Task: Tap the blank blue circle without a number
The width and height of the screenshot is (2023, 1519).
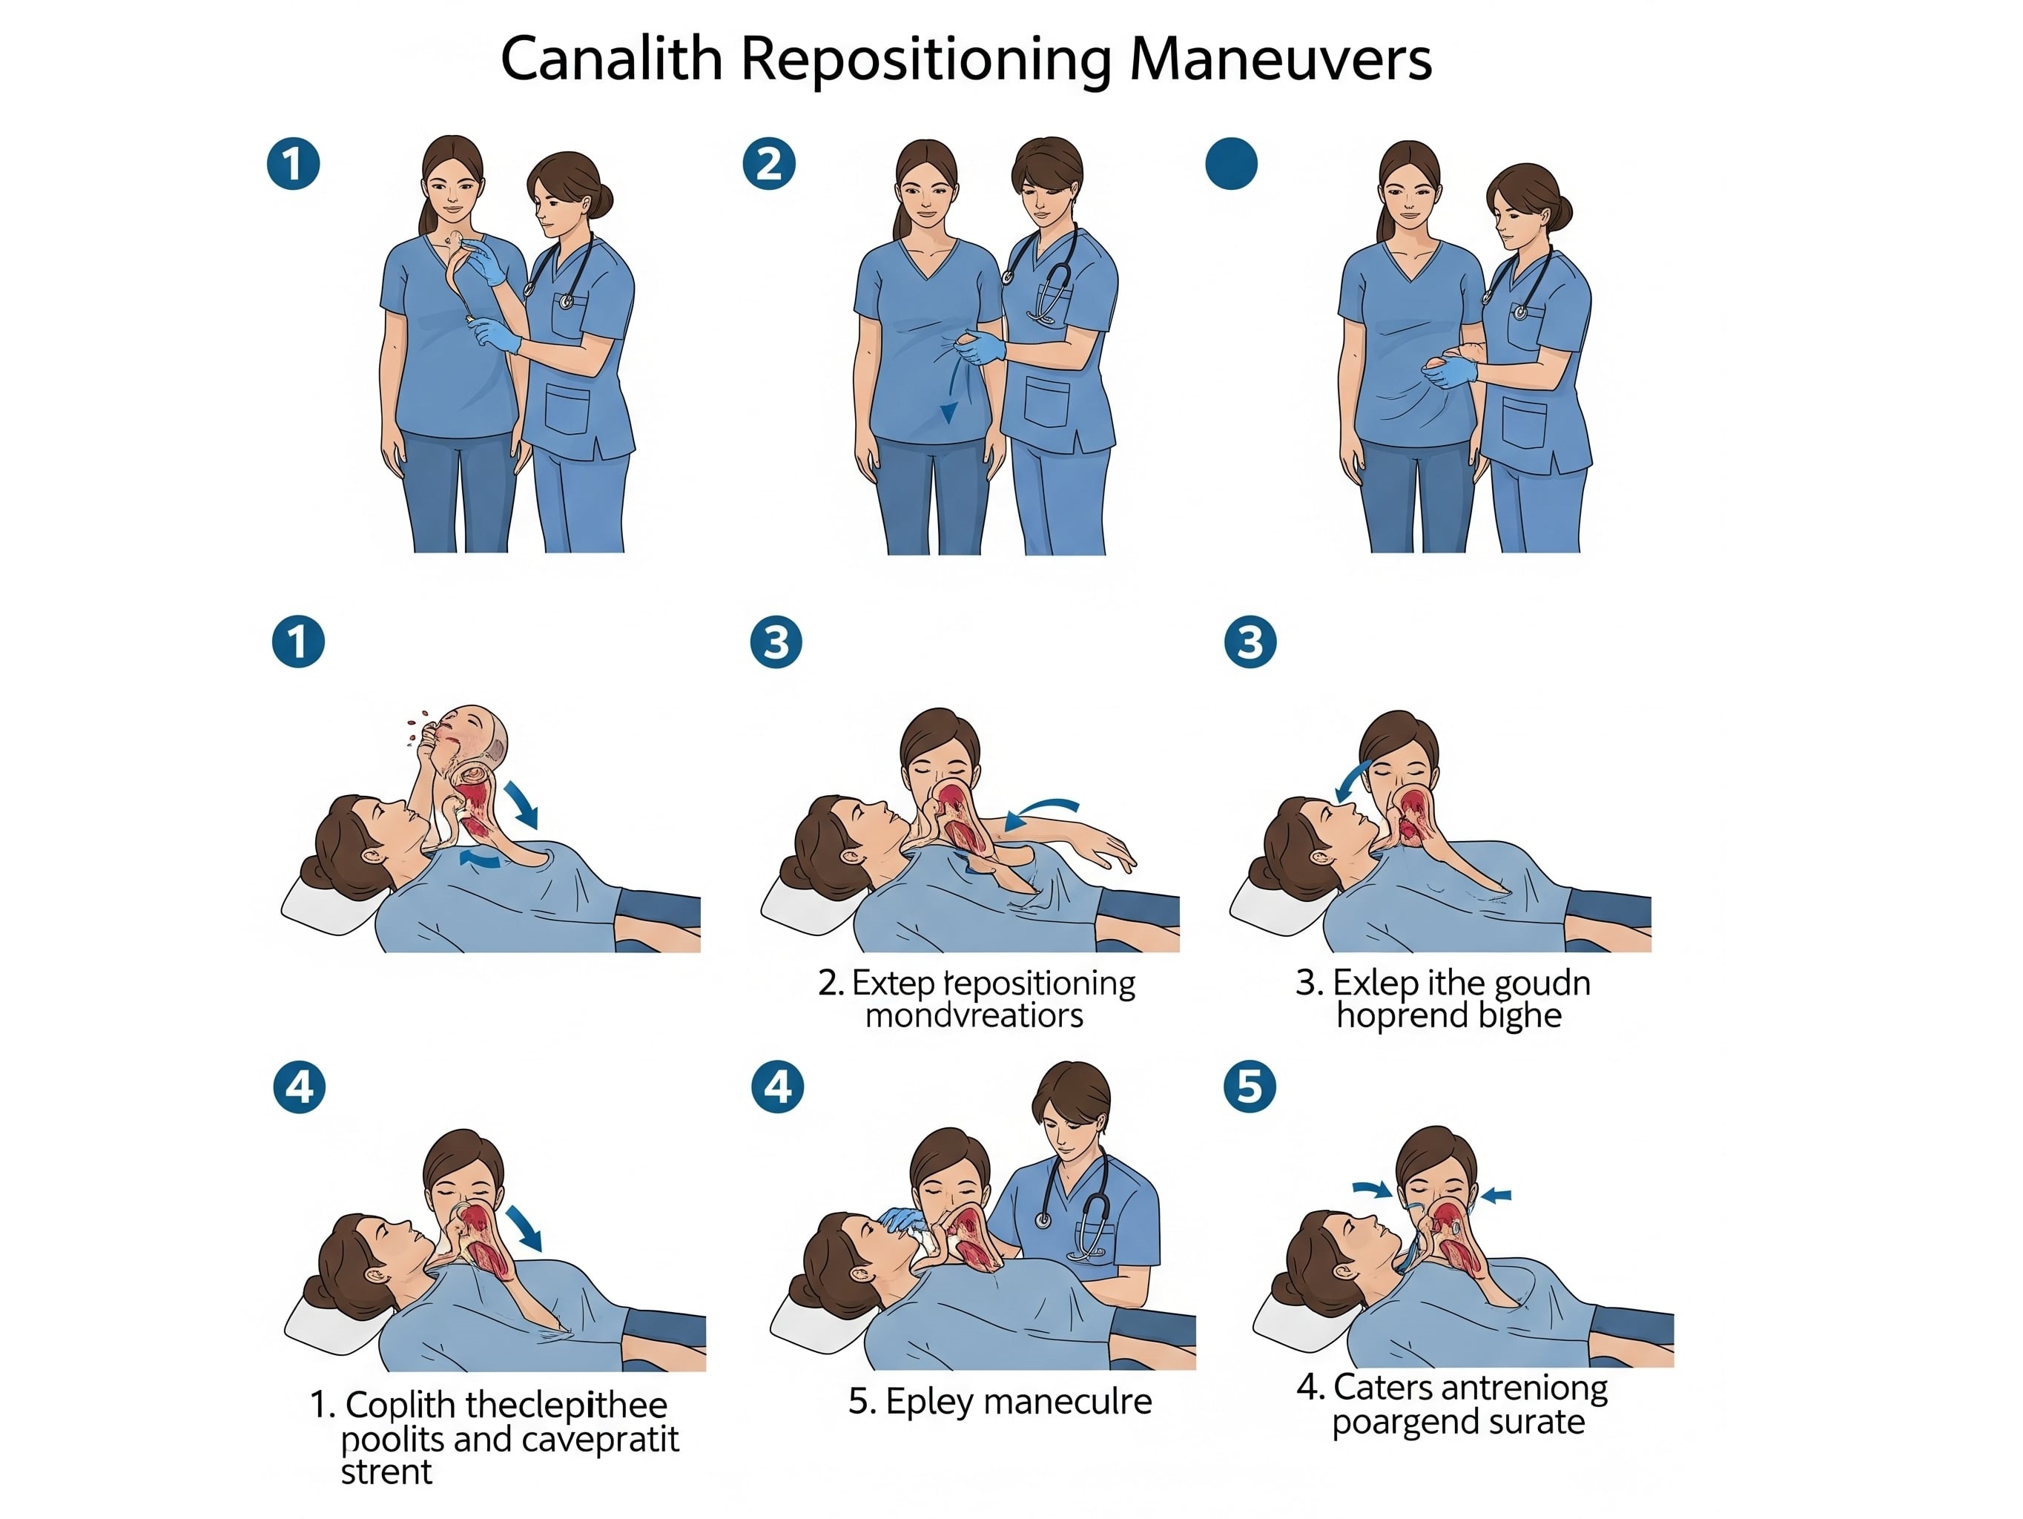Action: (1231, 164)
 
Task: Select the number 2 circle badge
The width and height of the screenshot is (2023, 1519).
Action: (768, 164)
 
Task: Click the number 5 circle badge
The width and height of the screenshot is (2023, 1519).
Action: (1250, 1087)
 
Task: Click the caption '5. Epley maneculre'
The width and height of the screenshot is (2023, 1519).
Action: (1000, 1401)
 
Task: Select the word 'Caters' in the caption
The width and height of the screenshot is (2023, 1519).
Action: (1376, 1387)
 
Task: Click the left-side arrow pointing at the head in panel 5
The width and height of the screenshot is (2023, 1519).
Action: (1371, 1189)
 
